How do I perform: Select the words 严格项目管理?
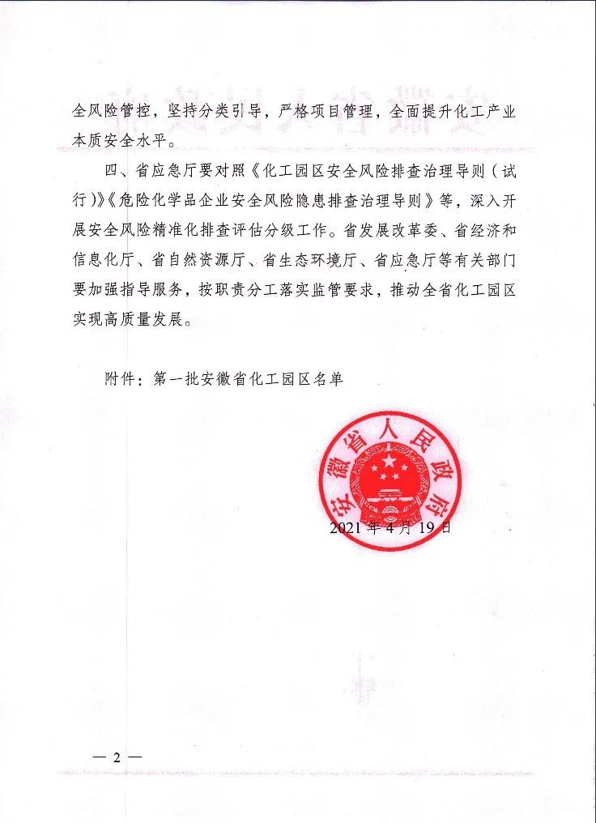click(x=324, y=113)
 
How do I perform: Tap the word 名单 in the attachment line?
click(x=326, y=378)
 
